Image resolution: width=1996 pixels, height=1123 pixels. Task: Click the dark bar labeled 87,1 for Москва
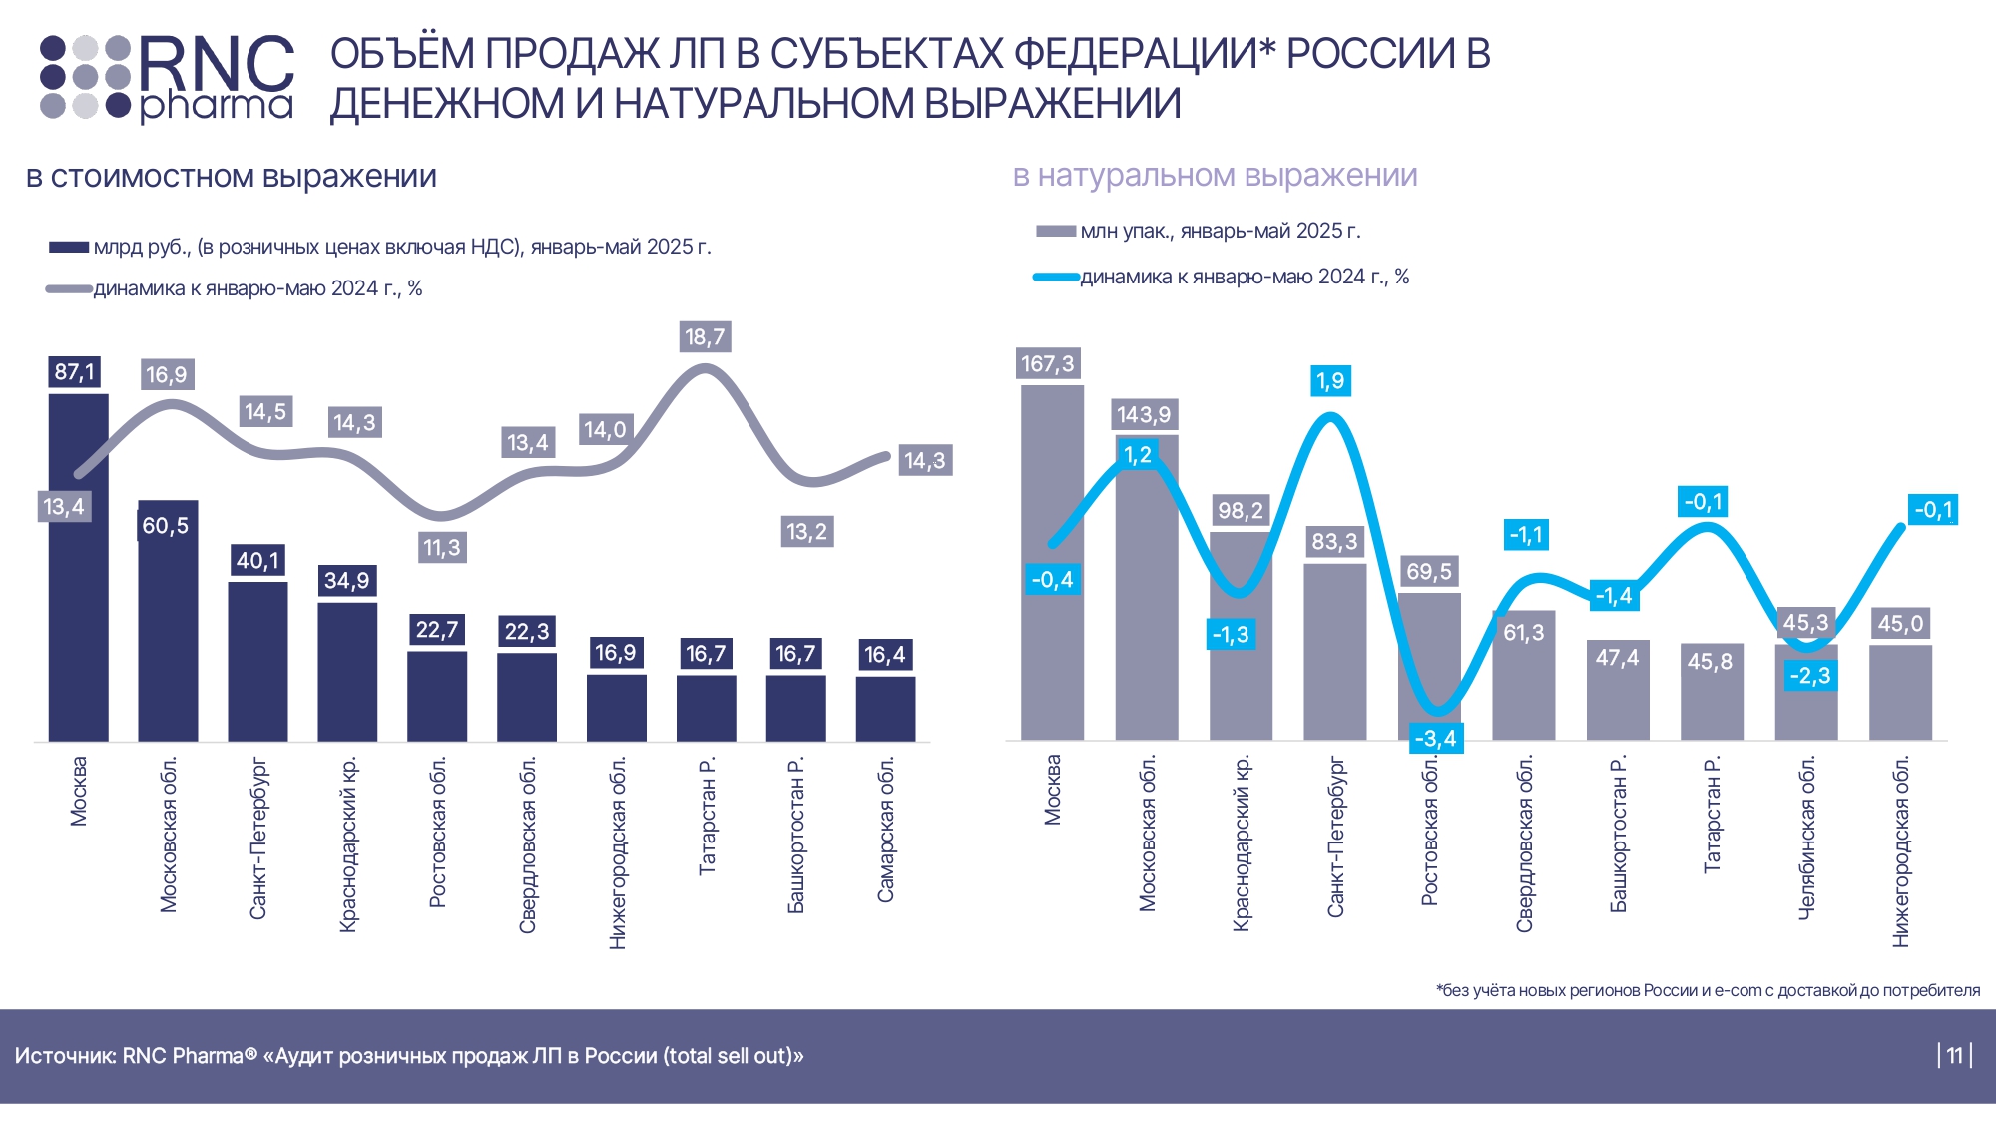tap(78, 569)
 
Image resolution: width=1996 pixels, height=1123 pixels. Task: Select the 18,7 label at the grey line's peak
tap(705, 337)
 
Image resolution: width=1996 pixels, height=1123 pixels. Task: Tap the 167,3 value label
tap(1048, 364)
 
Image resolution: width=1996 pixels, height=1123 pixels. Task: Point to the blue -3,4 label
tap(1435, 739)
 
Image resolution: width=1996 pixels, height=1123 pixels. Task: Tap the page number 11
tap(1954, 1055)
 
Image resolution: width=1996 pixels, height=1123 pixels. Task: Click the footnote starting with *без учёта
tap(1708, 990)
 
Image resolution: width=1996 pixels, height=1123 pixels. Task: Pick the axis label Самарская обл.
tap(886, 830)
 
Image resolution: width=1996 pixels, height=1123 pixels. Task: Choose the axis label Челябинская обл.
tap(1806, 838)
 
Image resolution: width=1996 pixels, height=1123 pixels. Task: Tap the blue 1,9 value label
tap(1330, 381)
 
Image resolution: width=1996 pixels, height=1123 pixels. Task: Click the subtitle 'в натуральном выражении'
tap(1215, 176)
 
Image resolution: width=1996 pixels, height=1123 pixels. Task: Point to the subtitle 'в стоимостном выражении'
tap(232, 177)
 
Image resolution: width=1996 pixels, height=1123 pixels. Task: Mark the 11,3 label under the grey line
tap(442, 548)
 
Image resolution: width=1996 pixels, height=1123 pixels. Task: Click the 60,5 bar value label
tap(166, 526)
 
